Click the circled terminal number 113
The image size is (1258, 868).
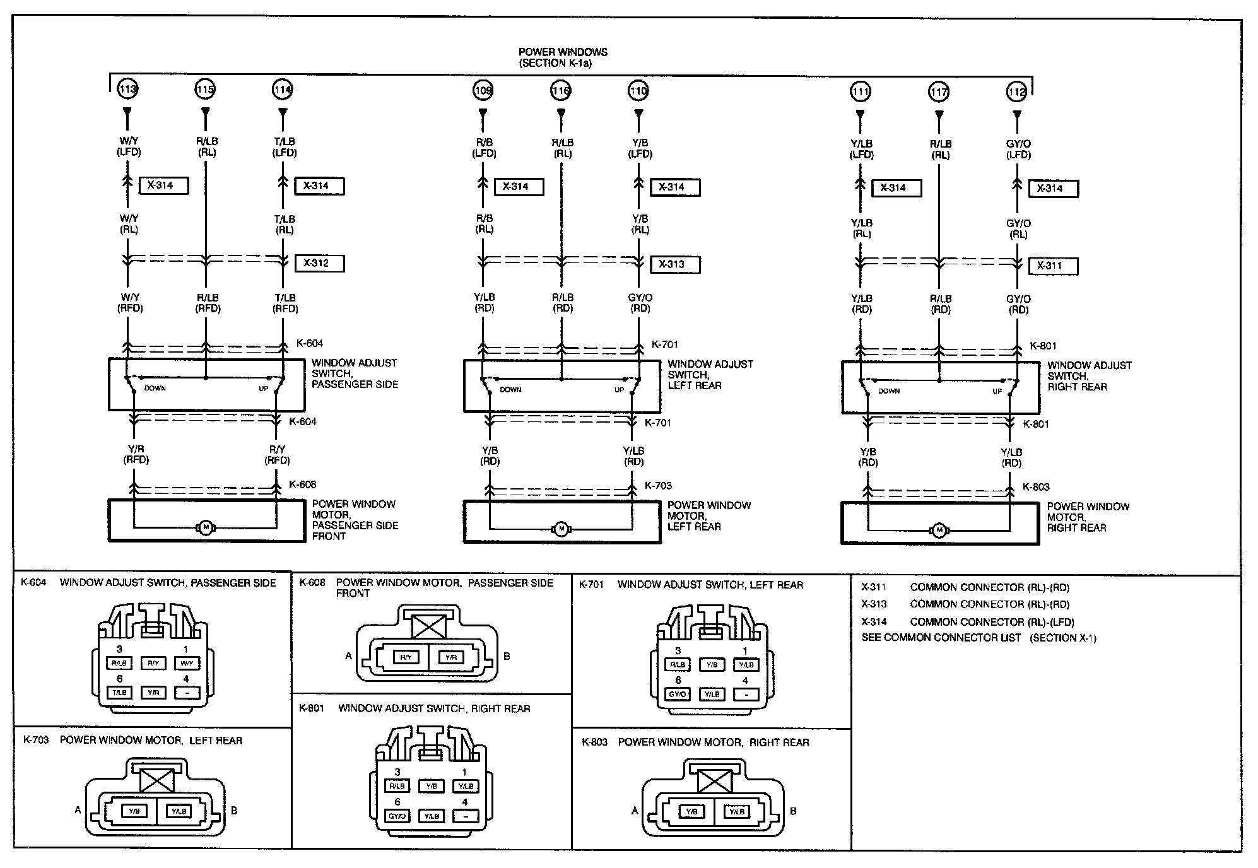(x=128, y=90)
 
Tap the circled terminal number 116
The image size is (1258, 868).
(x=561, y=91)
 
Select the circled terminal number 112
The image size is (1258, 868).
(x=1016, y=92)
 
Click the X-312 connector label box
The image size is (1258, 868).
(x=319, y=263)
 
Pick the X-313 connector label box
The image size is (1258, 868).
(x=675, y=264)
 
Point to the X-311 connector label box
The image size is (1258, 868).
(x=1053, y=266)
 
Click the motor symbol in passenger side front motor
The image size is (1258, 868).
(x=205, y=527)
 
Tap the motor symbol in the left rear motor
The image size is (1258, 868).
(x=560, y=529)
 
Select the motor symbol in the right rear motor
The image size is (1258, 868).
(x=939, y=530)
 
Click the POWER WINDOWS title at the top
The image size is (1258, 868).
(x=563, y=52)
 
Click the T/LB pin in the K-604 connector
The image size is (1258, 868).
(x=119, y=693)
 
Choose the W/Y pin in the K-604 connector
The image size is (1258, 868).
(x=187, y=663)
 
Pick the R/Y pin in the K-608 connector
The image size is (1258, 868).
(x=406, y=657)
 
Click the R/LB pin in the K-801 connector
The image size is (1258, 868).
(x=397, y=786)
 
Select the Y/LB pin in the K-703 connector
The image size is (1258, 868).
(x=179, y=811)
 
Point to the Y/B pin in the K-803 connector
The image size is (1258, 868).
(x=692, y=812)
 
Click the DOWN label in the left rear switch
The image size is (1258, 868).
(x=510, y=390)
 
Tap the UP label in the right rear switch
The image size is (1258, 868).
(x=997, y=391)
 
